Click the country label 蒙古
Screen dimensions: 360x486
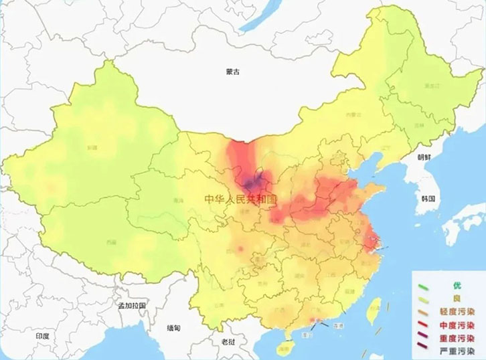point(232,71)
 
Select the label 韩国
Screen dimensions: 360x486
point(428,199)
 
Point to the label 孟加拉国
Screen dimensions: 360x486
point(132,305)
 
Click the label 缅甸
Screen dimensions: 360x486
point(173,327)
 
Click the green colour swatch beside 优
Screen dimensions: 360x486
point(426,286)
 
